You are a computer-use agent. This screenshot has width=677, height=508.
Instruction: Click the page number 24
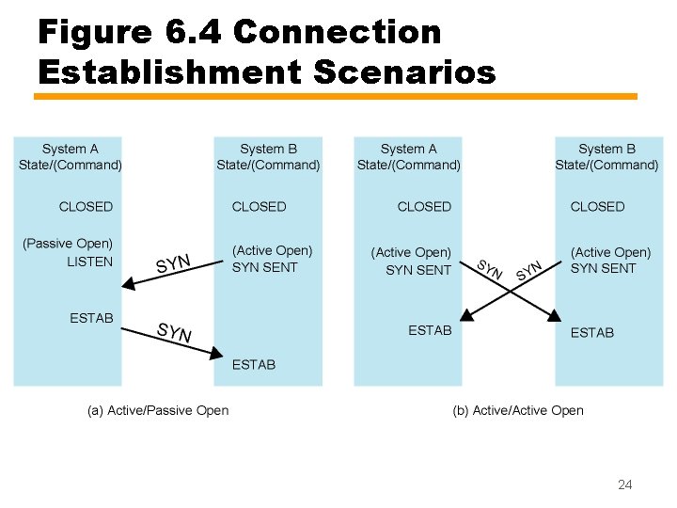(624, 484)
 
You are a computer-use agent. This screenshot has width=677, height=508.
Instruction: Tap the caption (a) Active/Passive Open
(158, 410)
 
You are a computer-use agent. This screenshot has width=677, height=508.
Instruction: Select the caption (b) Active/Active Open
(517, 410)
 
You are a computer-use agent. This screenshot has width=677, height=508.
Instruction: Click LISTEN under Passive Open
(89, 262)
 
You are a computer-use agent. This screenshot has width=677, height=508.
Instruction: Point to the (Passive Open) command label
(68, 244)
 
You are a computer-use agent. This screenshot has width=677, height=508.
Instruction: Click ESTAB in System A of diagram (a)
(91, 318)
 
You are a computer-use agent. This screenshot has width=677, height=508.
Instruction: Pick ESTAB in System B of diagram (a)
(254, 364)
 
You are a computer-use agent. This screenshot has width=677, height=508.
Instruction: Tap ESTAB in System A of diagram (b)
(430, 330)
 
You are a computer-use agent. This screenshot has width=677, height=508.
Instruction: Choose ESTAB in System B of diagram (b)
(592, 332)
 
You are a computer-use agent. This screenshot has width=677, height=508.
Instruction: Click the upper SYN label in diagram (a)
(174, 263)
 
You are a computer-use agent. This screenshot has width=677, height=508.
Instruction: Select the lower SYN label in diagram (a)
(174, 331)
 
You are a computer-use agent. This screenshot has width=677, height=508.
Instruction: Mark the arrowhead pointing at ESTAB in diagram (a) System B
(217, 354)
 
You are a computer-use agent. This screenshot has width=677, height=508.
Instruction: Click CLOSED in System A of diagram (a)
(86, 206)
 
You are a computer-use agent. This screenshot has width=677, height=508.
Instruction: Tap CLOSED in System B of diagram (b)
(597, 206)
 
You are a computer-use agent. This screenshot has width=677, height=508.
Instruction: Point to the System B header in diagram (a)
(268, 156)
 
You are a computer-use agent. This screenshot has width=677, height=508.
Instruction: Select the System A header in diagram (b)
(408, 156)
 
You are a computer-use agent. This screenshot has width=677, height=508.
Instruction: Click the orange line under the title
(336, 96)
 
